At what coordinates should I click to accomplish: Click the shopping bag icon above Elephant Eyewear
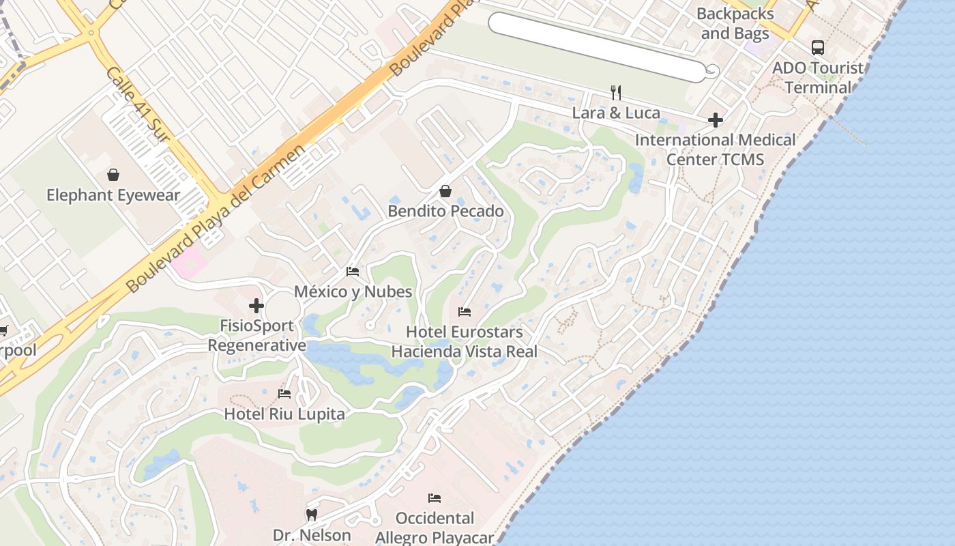(113, 175)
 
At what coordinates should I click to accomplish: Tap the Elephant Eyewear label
(113, 195)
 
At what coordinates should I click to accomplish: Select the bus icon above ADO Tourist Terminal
(817, 48)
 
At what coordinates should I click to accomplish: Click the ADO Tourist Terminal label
(817, 78)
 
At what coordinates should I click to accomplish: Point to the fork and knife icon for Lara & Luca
(616, 93)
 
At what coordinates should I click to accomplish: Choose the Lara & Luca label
(616, 113)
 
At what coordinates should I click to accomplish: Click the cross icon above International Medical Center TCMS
(715, 121)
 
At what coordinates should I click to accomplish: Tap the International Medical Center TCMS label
(715, 149)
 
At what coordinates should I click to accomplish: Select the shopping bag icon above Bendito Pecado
(445, 191)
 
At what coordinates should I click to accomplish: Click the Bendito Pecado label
(445, 211)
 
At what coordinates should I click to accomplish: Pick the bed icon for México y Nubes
(353, 272)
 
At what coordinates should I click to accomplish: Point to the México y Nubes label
(353, 291)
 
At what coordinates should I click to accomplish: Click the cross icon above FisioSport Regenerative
(256, 306)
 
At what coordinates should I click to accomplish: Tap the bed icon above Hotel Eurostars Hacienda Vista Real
(464, 312)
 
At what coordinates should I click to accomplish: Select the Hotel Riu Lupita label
(284, 414)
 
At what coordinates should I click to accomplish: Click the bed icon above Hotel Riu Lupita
(284, 394)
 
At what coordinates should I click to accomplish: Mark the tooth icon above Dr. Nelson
(312, 515)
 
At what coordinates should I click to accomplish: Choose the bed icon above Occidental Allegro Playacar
(434, 498)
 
